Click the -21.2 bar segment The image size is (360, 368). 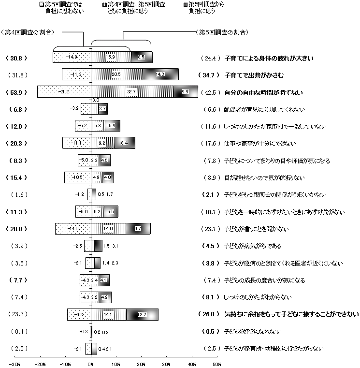click(x=64, y=91)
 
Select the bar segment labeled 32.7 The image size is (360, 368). click(x=132, y=91)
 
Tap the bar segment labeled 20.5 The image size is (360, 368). click(x=116, y=74)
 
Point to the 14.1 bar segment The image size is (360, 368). click(x=108, y=314)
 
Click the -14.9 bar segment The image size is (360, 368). click(x=72, y=58)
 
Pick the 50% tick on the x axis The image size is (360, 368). click(x=217, y=363)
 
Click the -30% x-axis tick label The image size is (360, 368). click(x=14, y=363)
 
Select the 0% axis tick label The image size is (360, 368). click(x=91, y=363)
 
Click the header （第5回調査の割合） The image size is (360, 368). click(x=223, y=32)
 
